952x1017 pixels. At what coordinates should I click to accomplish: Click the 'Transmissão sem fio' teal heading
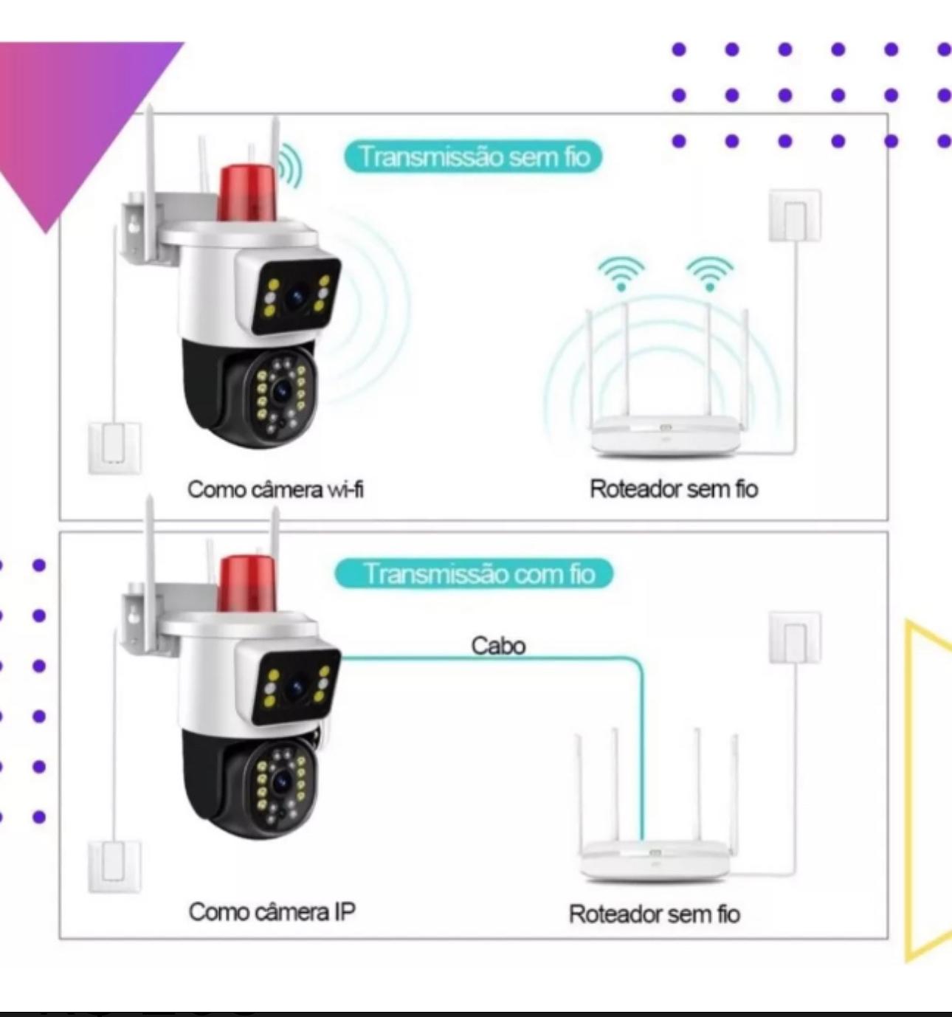click(x=473, y=156)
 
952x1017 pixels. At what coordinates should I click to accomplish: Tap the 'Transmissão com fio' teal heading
click(x=474, y=573)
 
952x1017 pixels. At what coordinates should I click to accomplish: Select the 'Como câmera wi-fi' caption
click(x=275, y=489)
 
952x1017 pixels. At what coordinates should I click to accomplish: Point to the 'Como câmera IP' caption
click(x=272, y=911)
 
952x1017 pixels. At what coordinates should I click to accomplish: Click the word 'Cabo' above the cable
click(x=498, y=646)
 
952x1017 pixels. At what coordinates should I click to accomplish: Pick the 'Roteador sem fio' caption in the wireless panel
click(x=674, y=489)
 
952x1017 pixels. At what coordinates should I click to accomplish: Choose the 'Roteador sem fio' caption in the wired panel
click(x=655, y=914)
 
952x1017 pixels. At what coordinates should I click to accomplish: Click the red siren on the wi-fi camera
click(x=247, y=193)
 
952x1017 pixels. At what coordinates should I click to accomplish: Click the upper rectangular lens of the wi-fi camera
click(x=295, y=296)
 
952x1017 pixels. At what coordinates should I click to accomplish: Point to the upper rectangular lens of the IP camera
click(x=295, y=686)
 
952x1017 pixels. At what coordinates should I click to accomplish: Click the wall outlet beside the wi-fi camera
click(x=114, y=448)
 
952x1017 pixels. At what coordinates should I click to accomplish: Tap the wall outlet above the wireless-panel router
click(x=795, y=215)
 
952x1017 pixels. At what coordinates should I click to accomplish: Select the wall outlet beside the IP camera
click(x=114, y=867)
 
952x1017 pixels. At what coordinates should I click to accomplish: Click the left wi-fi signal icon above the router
click(x=621, y=274)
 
